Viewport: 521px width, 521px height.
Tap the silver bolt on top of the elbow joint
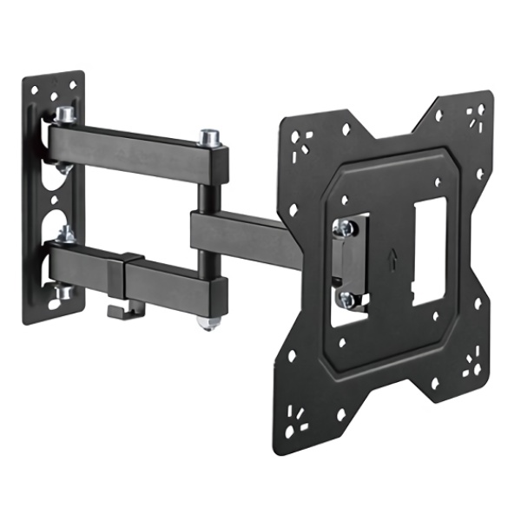pyautogui.click(x=208, y=138)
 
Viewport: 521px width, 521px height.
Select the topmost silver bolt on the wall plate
pyautogui.click(x=66, y=114)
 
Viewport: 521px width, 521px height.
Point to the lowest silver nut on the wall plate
pyautogui.click(x=63, y=293)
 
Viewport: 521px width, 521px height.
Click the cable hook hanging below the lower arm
pyautogui.click(x=115, y=306)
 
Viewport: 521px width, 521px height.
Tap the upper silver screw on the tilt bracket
pyautogui.click(x=345, y=227)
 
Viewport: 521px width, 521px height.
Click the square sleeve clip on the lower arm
pyautogui.click(x=131, y=274)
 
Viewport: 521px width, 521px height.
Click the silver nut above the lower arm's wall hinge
pyautogui.click(x=64, y=234)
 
